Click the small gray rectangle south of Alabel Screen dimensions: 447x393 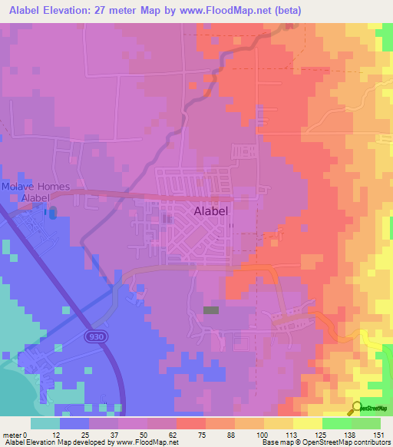coord(210,310)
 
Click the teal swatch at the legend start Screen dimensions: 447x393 coord(45,423)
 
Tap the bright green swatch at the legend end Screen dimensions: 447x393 coord(365,423)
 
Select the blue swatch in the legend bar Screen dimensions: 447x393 coord(74,423)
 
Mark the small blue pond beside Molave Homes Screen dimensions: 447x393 coord(51,212)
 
